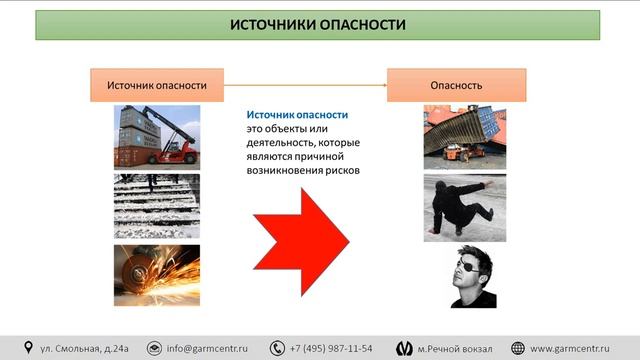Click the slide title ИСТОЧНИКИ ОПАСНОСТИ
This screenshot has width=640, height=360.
[x=317, y=25]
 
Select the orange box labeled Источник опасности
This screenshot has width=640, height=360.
[x=157, y=86]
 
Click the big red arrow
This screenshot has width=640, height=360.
[x=300, y=238]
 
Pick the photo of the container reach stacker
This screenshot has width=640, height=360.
[x=157, y=137]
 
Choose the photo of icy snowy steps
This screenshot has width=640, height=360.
[x=157, y=205]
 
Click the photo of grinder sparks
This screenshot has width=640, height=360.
[x=157, y=274]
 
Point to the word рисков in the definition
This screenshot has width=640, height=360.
[x=340, y=170]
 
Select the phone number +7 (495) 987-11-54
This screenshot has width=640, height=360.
[x=330, y=348]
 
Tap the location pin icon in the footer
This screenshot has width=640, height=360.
[x=28, y=348]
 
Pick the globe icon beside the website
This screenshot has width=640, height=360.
[x=517, y=348]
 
